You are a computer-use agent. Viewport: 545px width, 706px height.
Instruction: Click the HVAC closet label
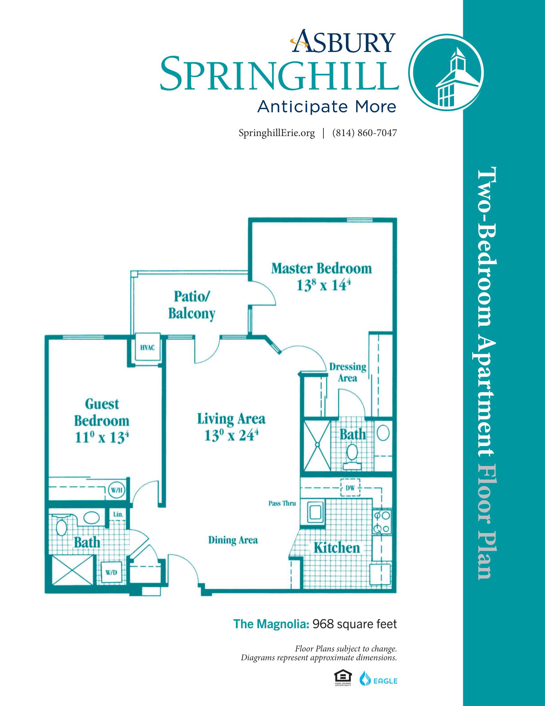click(x=147, y=348)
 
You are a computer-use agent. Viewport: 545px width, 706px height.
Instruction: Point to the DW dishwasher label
click(x=350, y=488)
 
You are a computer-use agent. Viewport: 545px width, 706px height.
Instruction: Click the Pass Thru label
click(x=282, y=503)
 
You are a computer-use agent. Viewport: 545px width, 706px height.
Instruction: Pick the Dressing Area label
click(x=348, y=372)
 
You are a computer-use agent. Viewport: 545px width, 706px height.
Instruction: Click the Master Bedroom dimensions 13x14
click(x=323, y=285)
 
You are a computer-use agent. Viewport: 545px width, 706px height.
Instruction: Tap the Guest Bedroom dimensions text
click(x=102, y=438)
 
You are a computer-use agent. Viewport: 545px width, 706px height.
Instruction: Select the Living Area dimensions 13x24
click(x=231, y=435)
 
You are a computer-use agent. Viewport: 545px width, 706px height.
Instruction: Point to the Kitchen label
click(x=337, y=548)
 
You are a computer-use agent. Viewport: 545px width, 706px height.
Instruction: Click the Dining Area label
click(x=233, y=540)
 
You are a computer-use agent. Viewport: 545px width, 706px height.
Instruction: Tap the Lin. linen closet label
click(x=118, y=514)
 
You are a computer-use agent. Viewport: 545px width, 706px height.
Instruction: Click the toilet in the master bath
click(x=352, y=455)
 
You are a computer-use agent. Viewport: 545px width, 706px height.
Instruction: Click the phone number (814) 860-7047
click(x=365, y=133)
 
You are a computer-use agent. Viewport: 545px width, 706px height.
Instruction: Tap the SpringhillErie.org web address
click(x=277, y=133)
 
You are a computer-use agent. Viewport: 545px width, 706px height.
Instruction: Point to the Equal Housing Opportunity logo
click(x=343, y=678)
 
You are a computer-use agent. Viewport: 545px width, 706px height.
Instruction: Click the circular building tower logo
click(x=446, y=73)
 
